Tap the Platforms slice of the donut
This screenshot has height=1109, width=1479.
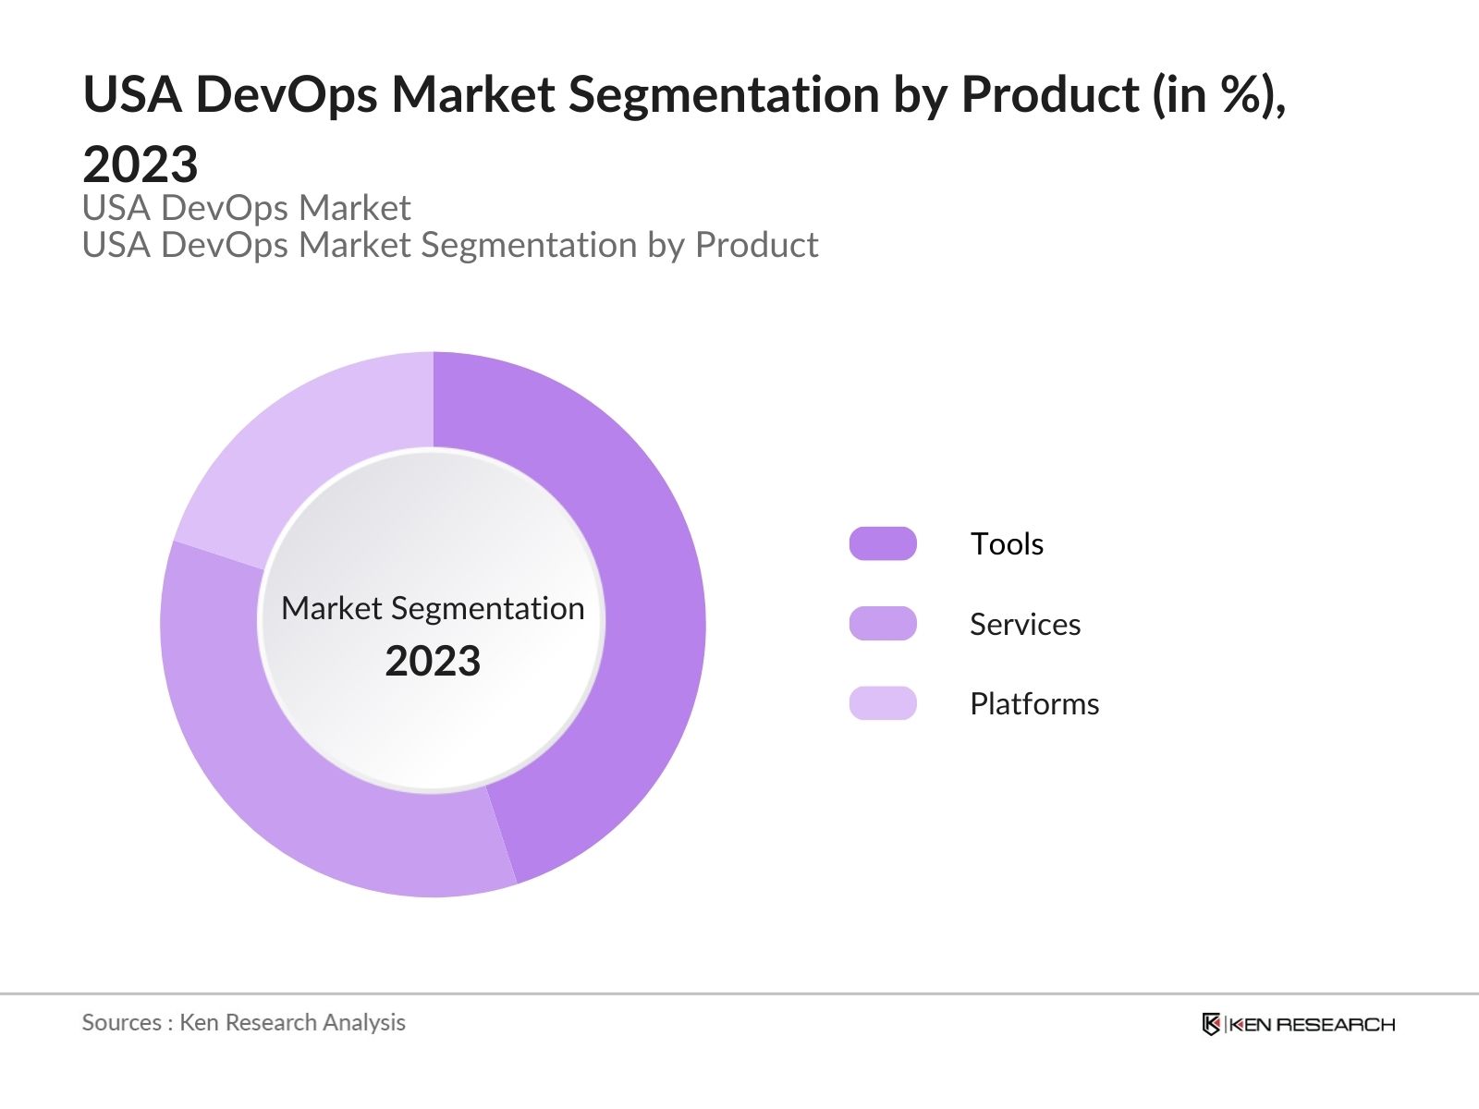pos(305,444)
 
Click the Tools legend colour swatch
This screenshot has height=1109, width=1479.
pos(883,543)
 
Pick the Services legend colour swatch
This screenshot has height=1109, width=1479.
pos(883,624)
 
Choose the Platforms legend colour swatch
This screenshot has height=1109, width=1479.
pos(883,703)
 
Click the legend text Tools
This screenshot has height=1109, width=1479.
pos(1007,543)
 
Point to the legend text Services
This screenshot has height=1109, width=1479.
pos(1025,624)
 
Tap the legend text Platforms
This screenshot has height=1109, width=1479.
pos(1034,703)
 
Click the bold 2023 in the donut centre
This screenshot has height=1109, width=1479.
pos(433,662)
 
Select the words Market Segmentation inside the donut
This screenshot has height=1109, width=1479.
pos(433,608)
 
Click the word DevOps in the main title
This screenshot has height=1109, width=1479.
pos(287,94)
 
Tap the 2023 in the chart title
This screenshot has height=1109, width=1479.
pos(141,165)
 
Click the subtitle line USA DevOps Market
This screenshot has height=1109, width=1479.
pos(246,208)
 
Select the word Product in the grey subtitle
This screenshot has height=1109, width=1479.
pos(756,245)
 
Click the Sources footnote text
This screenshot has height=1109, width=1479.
pos(243,1022)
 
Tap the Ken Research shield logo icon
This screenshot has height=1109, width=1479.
pos(1211,1024)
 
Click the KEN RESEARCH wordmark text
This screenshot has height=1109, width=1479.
pos(1313,1024)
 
